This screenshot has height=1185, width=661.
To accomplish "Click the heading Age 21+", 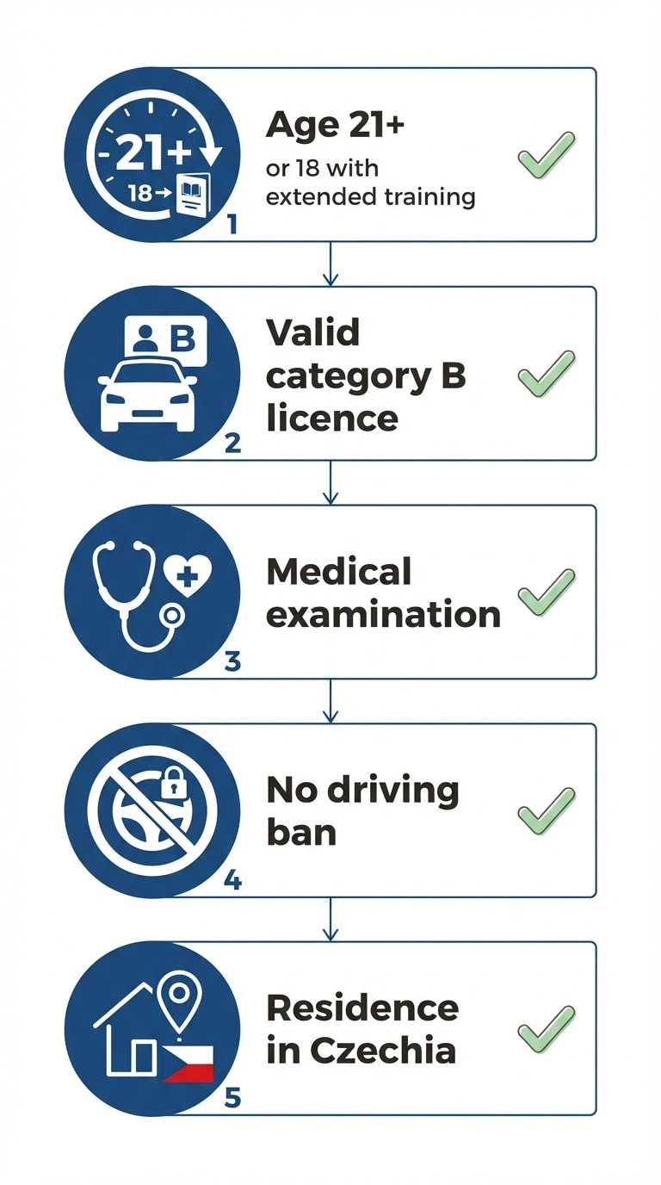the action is click(x=335, y=126).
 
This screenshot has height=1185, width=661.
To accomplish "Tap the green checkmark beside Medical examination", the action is click(x=547, y=592).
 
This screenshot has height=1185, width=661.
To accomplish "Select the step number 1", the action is click(x=232, y=225).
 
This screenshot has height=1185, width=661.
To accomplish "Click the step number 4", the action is click(x=232, y=881).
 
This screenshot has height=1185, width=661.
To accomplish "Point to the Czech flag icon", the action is click(x=188, y=1062).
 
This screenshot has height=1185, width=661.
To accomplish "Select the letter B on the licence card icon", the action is click(x=183, y=338).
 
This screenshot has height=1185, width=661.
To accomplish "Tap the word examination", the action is click(x=383, y=614).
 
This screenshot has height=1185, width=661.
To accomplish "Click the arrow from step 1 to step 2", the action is click(x=330, y=264).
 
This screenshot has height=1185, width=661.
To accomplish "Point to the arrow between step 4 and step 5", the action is click(x=330, y=919).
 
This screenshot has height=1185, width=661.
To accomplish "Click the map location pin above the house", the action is click(x=180, y=999).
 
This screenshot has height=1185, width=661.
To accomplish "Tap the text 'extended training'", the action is click(x=371, y=197).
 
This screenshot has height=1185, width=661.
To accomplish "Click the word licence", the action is click(x=332, y=418).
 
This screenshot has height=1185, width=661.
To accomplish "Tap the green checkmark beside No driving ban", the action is click(x=547, y=811).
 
